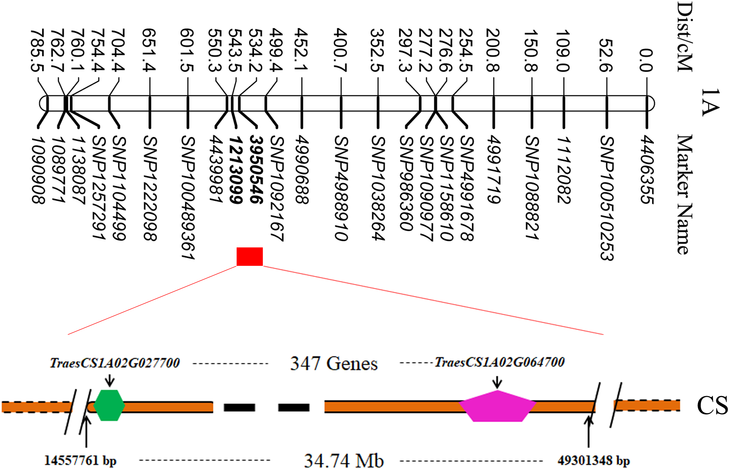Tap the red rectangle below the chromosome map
coord(250,257)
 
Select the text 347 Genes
coord(334,364)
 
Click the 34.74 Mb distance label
coord(344,461)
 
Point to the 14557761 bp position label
coord(80,461)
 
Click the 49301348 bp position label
coord(594,461)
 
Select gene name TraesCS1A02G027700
coord(115,363)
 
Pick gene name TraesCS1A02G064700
coord(499,362)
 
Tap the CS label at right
coord(712,406)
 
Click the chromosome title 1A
coord(710,103)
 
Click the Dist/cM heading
coord(684,37)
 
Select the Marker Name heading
coord(684,195)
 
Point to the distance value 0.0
coord(646,60)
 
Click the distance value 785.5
coord(38,50)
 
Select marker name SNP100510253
coord(606,198)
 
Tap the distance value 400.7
coord(341,50)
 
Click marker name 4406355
coord(647,170)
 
